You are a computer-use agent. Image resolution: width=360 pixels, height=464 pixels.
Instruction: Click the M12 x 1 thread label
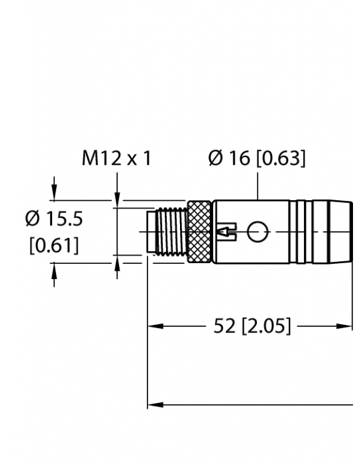tap(116, 158)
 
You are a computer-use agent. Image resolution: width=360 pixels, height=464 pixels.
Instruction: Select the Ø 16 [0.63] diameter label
tap(257, 158)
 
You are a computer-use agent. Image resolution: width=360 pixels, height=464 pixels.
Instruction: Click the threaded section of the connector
tap(172, 233)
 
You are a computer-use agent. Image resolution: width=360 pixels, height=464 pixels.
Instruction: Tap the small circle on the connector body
tap(256, 233)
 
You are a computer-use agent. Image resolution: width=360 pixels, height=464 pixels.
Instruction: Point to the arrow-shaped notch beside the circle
tap(226, 233)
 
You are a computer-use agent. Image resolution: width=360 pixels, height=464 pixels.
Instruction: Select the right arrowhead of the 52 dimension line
tap(347, 327)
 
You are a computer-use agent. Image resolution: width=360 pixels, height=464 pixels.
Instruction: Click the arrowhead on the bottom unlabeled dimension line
tap(154, 404)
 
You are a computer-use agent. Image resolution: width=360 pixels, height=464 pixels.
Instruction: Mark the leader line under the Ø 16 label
tap(257, 184)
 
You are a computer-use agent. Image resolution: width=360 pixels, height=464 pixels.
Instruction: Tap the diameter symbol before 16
tap(216, 158)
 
